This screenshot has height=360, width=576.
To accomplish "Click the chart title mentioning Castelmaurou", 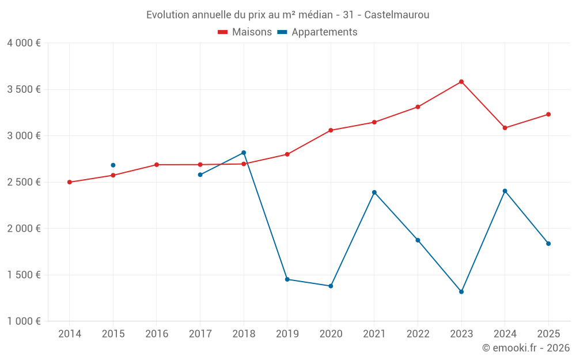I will coord(287,14).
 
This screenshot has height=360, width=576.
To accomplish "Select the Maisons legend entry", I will coord(245,32).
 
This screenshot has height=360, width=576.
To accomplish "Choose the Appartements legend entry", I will coord(317,32).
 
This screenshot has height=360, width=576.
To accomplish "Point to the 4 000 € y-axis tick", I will coord(24,43).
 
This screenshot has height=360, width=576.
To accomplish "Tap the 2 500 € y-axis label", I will coord(24,182).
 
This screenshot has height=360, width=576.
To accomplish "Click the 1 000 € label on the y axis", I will coord(24,321).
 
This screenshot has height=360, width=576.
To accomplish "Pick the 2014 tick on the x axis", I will coord(70,334).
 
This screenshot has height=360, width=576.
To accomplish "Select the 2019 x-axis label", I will coord(287,334).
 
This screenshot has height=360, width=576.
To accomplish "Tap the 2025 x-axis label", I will coord(548,334).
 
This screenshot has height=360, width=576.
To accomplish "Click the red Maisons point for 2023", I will coord(461,82).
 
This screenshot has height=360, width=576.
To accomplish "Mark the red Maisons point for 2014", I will coord(70,182).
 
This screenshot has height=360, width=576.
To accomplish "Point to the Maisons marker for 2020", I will coord(331,130).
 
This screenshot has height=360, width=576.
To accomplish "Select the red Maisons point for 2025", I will coord(548,114).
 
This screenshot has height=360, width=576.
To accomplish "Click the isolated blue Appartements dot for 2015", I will coord(113,165).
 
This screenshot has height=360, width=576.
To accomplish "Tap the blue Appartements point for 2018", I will coord(244,153).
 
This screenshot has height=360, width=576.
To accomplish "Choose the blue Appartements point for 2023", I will coord(461,291).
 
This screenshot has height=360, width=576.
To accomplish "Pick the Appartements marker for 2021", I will coord(374,192).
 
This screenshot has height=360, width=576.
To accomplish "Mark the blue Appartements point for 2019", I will coord(287,279).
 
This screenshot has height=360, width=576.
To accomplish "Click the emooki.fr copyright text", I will coord(526,348).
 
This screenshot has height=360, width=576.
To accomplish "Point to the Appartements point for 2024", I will coord(505,191).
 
